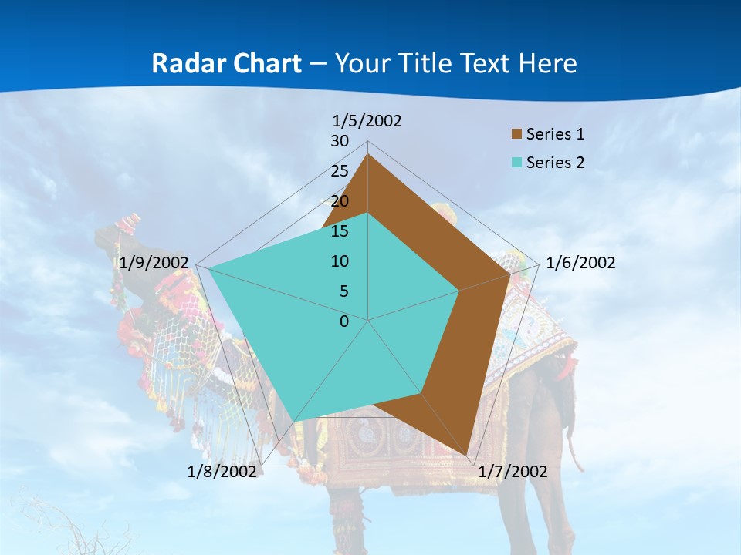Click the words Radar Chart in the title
226,63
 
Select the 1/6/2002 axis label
580,263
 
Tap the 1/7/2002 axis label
513,472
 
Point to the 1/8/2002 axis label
222,472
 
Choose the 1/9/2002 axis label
154,263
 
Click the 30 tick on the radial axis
340,141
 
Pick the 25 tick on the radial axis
340,171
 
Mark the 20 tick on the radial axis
340,201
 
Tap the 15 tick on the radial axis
340,231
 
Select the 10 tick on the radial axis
340,261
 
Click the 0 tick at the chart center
344,321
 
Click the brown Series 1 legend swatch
516,134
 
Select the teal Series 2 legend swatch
516,163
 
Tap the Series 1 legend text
555,134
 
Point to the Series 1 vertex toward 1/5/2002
367,154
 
